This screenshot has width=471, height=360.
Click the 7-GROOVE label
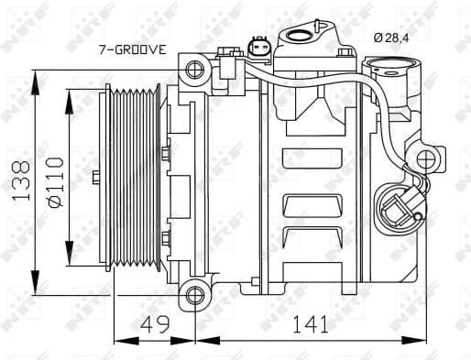click(132, 50)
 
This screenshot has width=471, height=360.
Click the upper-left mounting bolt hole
click(193, 70)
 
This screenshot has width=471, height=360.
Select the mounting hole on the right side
click(425, 160)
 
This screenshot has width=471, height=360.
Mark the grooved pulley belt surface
click(134, 180)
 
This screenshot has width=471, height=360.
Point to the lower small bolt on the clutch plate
click(166, 240)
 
